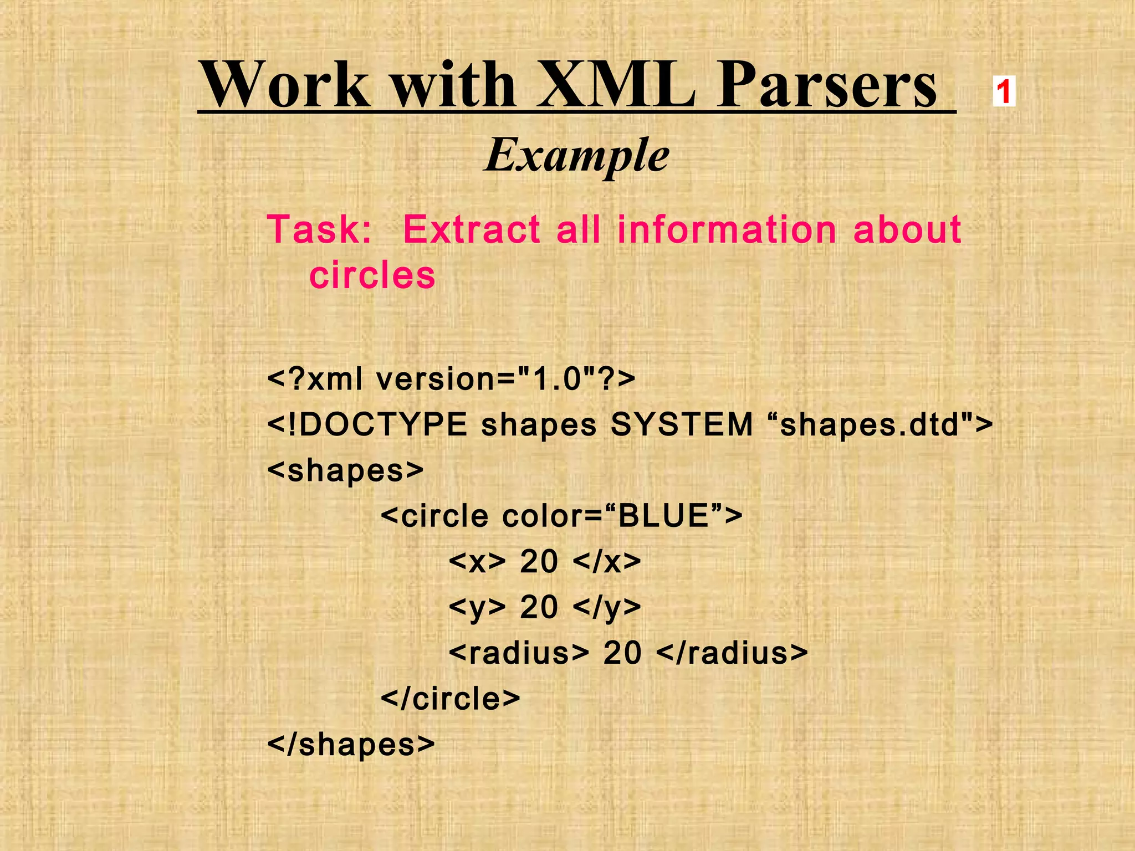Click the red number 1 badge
pos(1004,91)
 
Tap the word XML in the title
pos(615,86)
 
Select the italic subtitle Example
pos(577,156)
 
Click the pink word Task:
pos(320,229)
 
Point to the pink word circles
pos(372,275)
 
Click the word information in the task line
pos(727,229)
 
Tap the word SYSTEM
pos(682,425)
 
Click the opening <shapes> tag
pos(345,471)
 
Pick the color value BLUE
pos(663,516)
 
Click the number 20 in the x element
pos(539,562)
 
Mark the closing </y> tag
pos(606,608)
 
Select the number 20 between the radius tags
pos(622,653)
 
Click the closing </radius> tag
pos(732,653)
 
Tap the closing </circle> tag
pos(450,699)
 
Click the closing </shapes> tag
pos(351,744)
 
